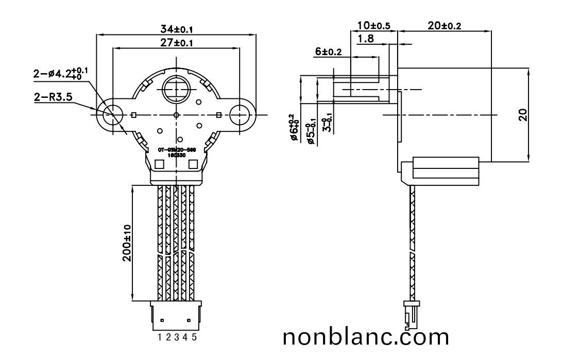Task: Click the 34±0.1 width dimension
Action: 177,29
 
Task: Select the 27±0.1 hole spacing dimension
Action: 177,43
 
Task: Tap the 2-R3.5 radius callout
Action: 52,96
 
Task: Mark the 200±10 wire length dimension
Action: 127,244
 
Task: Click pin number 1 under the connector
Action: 160,337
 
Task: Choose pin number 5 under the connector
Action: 194,337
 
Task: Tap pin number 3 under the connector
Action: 177,337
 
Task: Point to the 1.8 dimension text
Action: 366,39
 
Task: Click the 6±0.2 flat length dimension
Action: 328,52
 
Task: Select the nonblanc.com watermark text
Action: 366,338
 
